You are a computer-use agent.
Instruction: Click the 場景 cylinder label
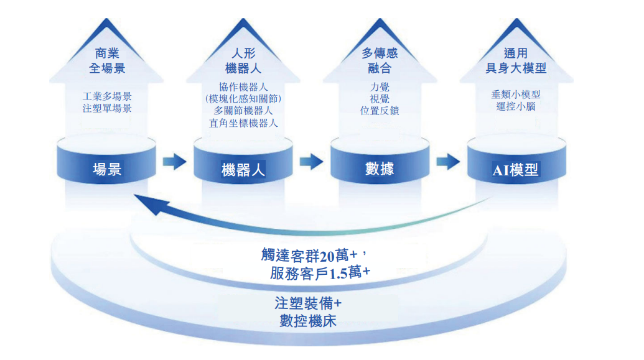pos(107,168)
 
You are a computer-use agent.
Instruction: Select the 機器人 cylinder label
pos(243,169)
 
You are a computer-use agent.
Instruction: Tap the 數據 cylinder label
pos(380,168)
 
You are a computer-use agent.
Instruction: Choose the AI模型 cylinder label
pos(516,169)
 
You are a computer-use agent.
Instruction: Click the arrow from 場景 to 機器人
pos(175,162)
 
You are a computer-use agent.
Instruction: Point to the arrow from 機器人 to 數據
pos(311,162)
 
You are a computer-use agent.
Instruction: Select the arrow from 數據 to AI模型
pos(448,162)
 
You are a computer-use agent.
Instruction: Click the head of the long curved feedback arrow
pos(144,203)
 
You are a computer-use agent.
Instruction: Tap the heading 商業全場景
pos(107,61)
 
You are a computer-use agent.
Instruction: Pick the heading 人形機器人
pos(243,61)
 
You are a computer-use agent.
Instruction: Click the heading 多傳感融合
pos(380,61)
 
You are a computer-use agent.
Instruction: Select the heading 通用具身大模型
pos(516,61)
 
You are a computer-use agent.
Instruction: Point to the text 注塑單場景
pos(107,109)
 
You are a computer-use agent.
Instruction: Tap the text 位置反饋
pos(380,111)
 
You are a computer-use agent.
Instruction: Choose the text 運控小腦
pos(516,106)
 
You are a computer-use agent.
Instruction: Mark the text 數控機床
pos(309,321)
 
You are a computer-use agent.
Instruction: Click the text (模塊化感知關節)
pos(243,98)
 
